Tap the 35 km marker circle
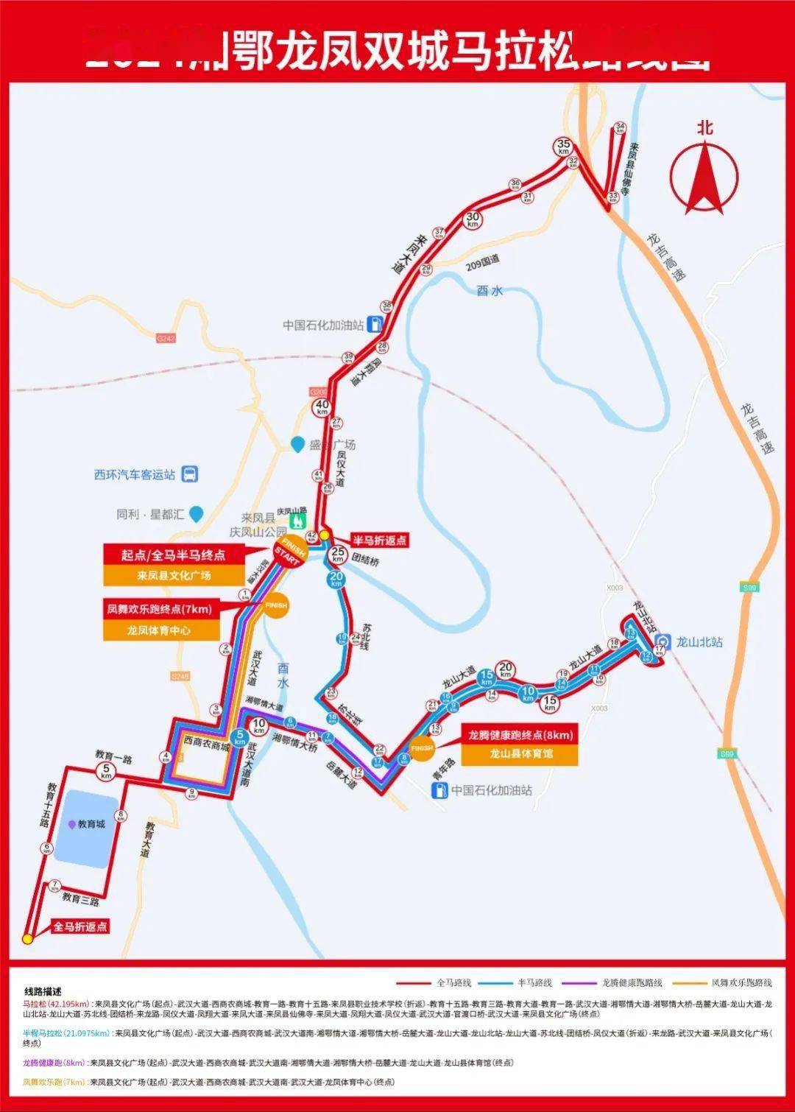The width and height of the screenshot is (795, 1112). point(564,147)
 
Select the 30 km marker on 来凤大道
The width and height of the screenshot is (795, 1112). point(472,219)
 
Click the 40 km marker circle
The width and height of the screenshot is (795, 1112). point(322,407)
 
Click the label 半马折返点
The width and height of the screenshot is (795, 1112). point(378,541)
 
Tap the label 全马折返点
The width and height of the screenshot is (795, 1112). point(80,926)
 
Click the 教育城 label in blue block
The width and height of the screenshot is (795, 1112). point(91,824)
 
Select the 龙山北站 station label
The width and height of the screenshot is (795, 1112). point(699,642)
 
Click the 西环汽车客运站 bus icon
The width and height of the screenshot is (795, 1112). point(190,474)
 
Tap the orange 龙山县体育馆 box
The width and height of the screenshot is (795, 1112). point(520,754)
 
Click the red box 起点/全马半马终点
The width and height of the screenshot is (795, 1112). point(174,555)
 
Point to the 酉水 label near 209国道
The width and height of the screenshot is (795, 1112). point(490,291)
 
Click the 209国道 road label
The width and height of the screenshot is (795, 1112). point(482,262)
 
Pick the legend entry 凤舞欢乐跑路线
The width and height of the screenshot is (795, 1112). point(741,982)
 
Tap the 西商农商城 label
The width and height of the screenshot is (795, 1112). point(207,746)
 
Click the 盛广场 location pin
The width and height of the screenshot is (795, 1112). point(297,445)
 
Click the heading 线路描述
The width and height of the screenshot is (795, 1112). point(43,991)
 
